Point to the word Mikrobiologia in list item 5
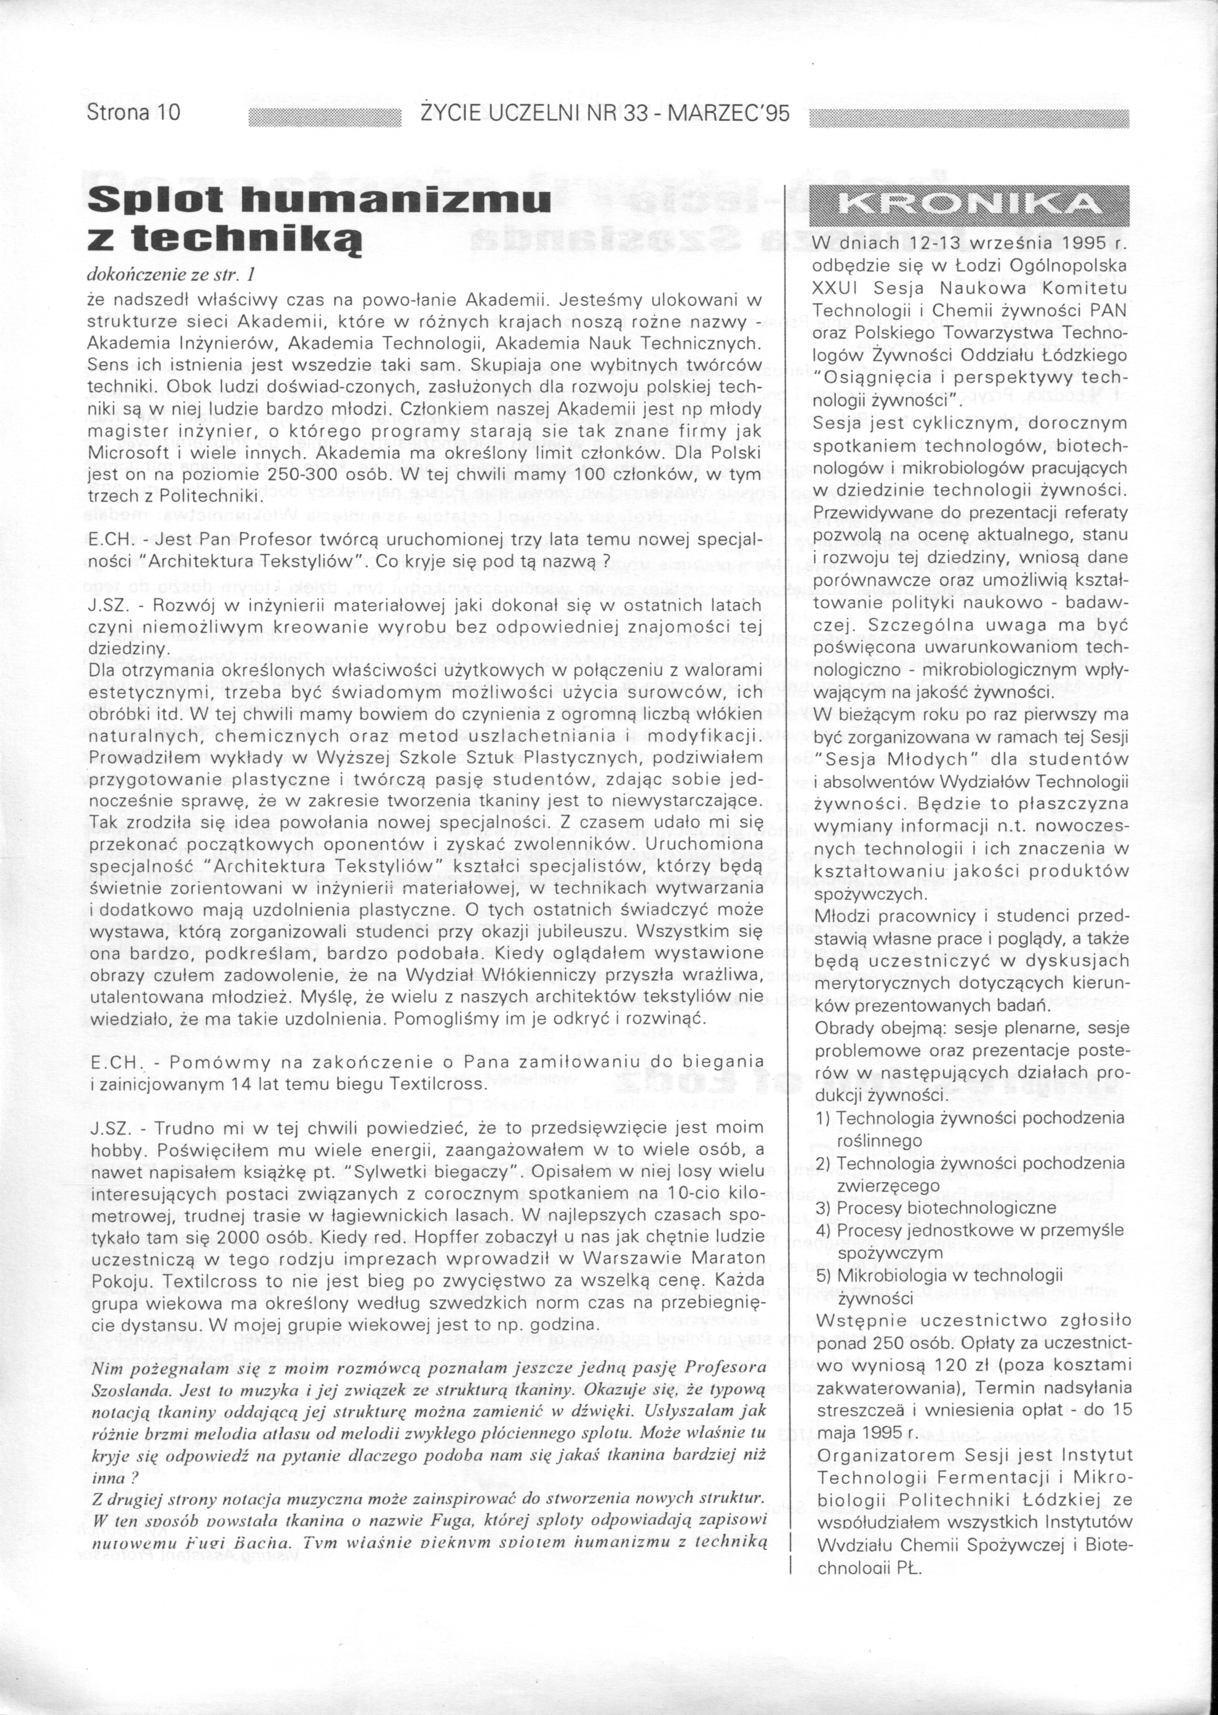click(886, 1275)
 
